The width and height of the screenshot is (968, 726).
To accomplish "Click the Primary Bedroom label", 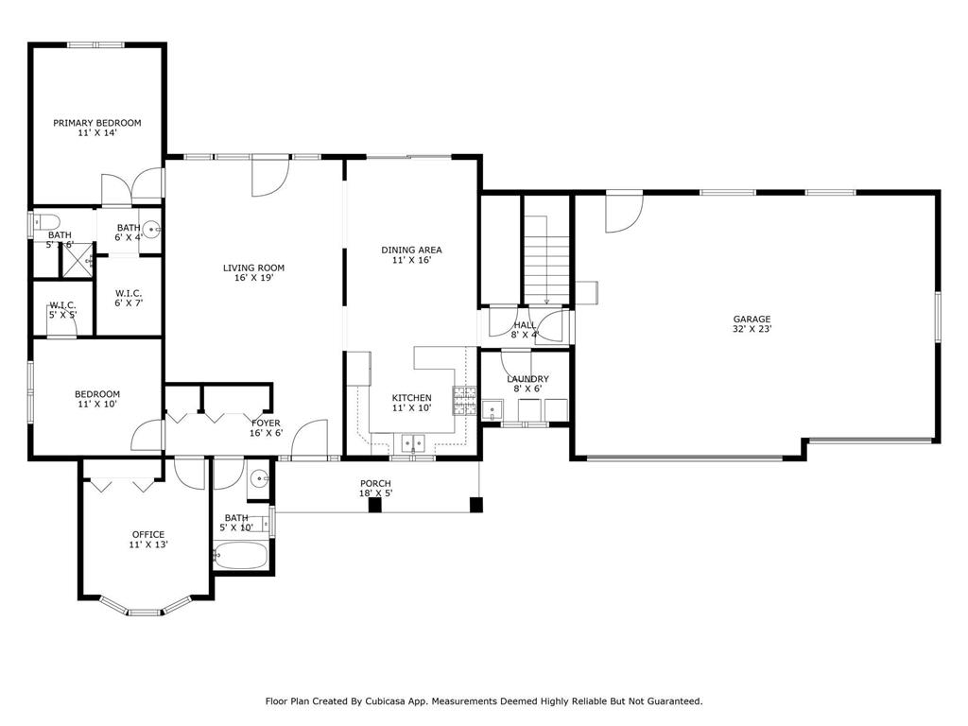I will point(96,123).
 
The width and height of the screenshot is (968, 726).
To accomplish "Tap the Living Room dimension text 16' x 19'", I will point(253,279).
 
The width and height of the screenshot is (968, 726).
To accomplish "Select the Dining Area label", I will point(411,250).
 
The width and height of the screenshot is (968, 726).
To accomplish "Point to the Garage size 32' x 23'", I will point(752,330).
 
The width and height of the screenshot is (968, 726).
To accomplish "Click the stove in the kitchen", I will point(464,401).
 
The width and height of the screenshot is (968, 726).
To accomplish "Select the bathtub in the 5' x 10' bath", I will point(240,555).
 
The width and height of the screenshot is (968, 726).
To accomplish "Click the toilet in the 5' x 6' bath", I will point(40,223).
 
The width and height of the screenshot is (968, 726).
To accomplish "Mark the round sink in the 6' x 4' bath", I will point(151,229).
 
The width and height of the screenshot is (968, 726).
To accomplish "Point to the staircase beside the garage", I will point(546,255).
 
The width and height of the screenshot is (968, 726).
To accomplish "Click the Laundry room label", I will point(527,379).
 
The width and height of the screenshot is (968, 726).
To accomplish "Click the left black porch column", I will point(375,505).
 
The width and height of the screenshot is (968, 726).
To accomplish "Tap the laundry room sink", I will point(491,409).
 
